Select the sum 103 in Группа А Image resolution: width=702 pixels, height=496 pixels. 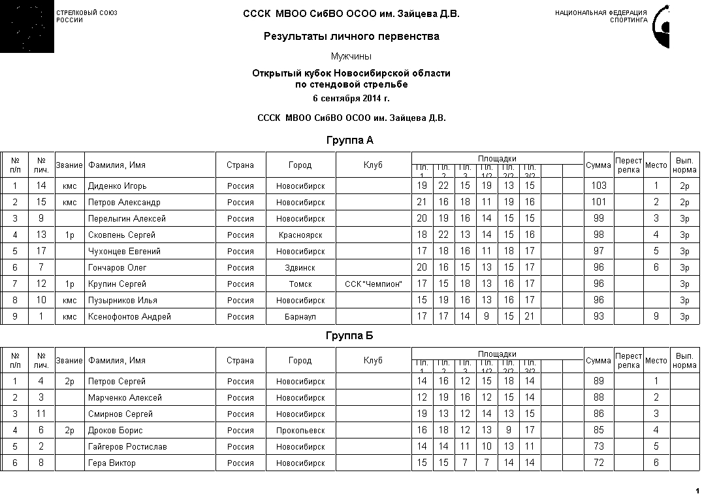(599, 186)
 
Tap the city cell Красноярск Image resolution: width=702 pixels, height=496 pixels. (300, 235)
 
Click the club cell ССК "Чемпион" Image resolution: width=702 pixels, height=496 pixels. (374, 284)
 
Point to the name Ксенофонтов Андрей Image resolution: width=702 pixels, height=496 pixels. (129, 317)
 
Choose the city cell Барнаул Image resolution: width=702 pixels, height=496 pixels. (300, 317)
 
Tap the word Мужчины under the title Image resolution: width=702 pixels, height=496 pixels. (351, 57)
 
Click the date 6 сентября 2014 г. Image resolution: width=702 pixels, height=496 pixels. (351, 99)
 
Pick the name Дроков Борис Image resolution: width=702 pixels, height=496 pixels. (116, 431)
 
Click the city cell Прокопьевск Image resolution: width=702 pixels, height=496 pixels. (300, 431)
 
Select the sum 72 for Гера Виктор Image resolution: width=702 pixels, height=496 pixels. (599, 463)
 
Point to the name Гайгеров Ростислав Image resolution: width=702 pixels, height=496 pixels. (127, 447)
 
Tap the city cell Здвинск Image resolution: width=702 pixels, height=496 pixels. (300, 268)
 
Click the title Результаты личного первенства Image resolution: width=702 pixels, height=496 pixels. (351, 37)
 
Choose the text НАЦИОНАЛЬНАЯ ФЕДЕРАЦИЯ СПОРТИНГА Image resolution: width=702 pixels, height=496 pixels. (601, 16)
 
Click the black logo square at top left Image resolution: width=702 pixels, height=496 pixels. (27, 27)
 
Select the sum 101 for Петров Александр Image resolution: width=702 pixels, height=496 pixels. (599, 203)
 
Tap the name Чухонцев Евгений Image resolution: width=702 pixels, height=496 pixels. (124, 252)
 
